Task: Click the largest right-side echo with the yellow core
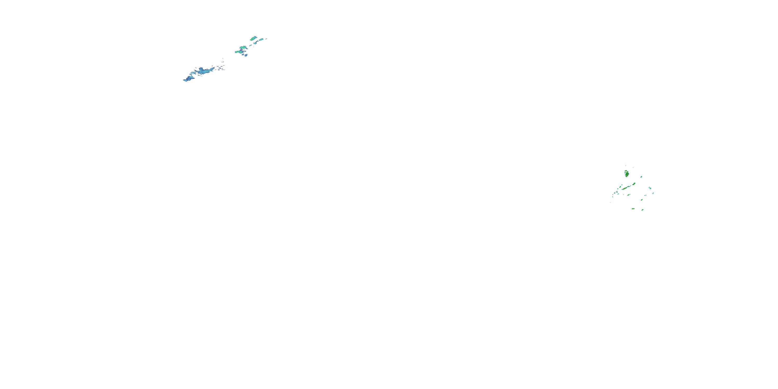point(627,174)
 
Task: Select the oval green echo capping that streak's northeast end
point(634,184)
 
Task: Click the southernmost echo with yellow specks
point(633,209)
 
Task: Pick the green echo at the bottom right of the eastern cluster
point(642,210)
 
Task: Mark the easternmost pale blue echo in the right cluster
point(653,193)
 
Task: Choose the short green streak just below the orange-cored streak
point(629,195)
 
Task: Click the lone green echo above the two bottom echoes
point(642,200)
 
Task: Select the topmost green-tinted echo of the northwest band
point(253,38)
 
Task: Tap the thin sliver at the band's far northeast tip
point(266,39)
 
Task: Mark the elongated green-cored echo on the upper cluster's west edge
point(237,52)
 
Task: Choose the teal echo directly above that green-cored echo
point(244,47)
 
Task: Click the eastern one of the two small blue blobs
point(246,55)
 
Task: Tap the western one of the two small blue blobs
point(243,55)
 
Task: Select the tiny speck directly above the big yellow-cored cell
point(626,166)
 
